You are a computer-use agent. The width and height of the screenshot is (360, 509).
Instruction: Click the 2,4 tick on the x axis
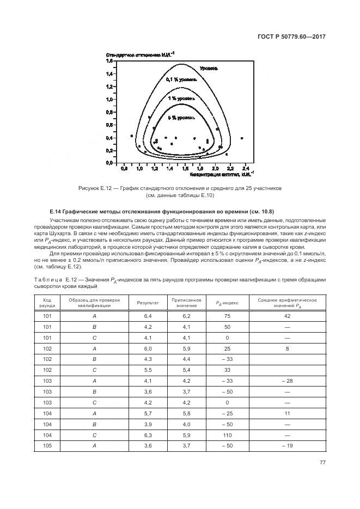pos(245,169)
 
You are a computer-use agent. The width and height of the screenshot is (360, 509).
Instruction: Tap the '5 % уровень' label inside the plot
pos(182,118)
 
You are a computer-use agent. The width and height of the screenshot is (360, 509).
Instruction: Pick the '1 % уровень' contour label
pos(182,99)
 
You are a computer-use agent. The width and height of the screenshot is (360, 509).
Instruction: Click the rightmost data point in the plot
pos(241,138)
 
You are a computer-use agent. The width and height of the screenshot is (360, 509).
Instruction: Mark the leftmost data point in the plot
pos(132,136)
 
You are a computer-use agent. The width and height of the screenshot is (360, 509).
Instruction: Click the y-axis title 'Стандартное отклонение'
pos(140,54)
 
